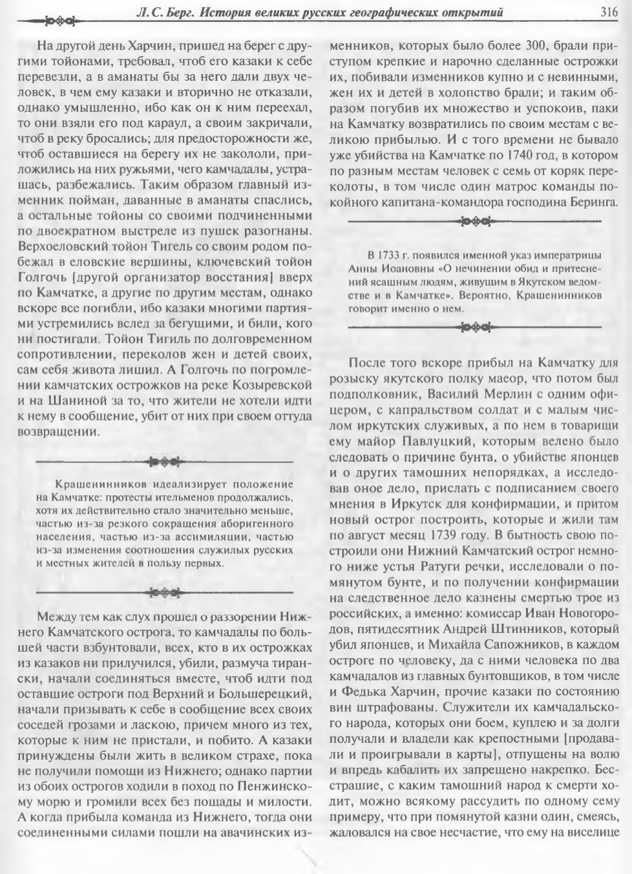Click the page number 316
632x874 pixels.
tap(609, 12)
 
